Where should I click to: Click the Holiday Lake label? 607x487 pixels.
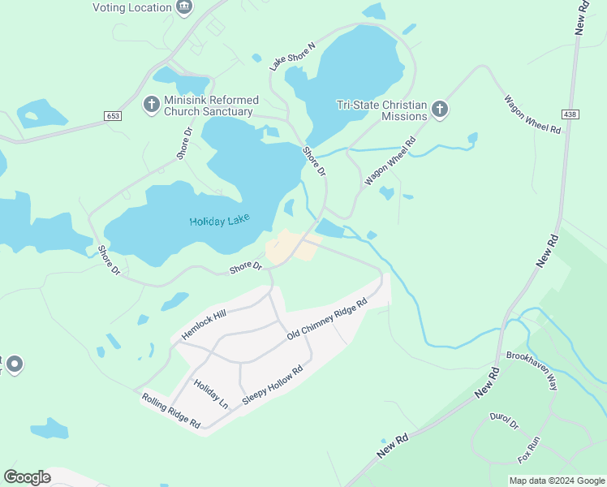point(219,221)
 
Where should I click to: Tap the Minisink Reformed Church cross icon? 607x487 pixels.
point(151,105)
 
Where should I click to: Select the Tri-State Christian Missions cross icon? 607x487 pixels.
point(440,110)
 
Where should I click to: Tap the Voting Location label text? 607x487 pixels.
point(131,7)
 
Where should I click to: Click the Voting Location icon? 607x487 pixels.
point(184,7)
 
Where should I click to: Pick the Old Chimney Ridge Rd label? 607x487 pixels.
point(327,319)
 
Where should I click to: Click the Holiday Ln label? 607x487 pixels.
point(211,394)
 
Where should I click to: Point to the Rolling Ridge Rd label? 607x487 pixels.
point(170,411)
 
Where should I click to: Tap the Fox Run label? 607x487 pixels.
point(529,450)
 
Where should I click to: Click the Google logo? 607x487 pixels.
point(27,477)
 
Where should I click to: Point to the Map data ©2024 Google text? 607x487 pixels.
point(556,481)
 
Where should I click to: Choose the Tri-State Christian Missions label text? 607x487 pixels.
point(381,110)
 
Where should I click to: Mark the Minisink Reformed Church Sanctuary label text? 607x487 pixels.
point(211,106)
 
